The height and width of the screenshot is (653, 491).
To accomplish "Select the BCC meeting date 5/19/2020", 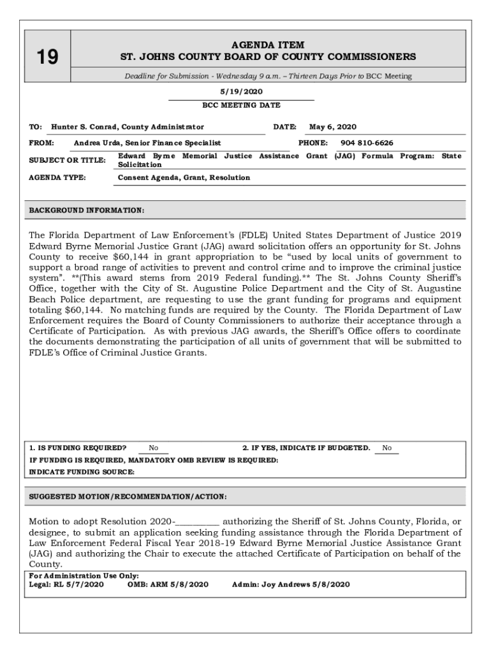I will pos(241,92).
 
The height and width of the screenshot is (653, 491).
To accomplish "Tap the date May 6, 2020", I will pos(332,127).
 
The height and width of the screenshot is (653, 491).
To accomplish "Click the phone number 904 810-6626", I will pos(367,143).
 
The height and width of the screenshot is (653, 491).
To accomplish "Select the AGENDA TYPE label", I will pos(57,177).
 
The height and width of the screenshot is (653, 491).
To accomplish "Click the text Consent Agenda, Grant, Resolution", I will pos(184,177).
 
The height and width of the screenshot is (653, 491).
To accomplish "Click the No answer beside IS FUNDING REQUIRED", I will pos(154,448).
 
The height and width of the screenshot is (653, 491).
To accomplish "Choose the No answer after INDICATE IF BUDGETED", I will pos(386,448).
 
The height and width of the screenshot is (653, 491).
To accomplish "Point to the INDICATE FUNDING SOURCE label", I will pos(82,472).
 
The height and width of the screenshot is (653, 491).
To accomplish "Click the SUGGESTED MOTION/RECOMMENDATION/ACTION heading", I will pos(128,497).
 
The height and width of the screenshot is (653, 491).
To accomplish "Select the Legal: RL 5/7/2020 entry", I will pos(66,584).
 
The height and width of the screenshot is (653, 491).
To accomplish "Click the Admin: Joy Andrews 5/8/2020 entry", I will pos(291,584).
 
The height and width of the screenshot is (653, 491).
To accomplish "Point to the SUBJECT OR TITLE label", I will pos(67,160).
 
